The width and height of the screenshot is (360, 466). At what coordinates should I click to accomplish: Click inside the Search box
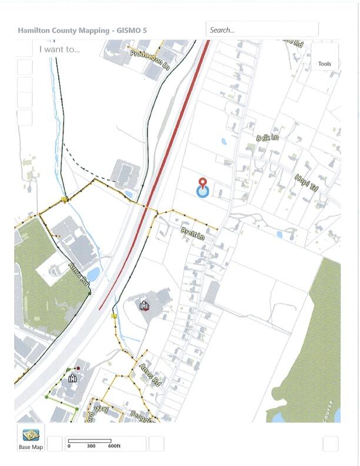262,29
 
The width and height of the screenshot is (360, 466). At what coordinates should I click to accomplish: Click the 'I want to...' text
59,49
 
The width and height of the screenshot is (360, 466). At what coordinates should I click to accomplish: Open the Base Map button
31,438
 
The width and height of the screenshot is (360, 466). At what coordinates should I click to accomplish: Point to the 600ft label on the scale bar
114,446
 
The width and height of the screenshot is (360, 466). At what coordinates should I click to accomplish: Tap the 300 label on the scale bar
91,446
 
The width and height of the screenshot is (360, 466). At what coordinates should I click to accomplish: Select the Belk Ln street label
268,138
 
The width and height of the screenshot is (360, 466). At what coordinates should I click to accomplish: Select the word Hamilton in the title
35,30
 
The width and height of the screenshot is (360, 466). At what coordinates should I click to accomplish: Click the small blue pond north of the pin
224,142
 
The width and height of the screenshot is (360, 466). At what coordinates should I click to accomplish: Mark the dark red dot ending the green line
78,368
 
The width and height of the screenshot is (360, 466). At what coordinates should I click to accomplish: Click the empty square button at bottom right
331,444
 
